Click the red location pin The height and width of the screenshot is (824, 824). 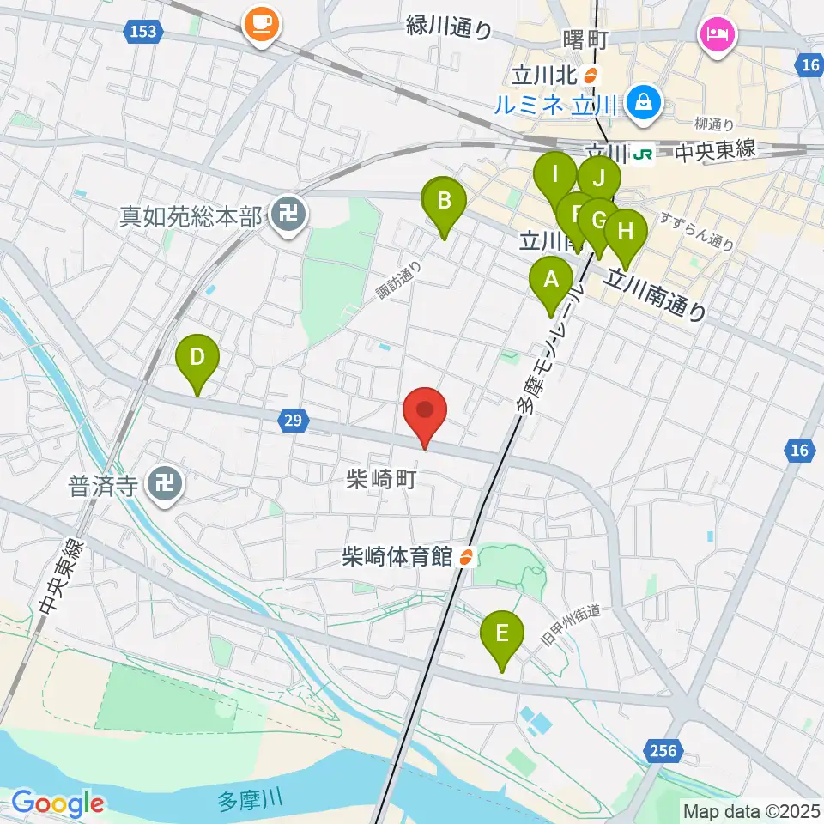tap(425, 412)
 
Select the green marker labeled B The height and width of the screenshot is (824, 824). tap(444, 203)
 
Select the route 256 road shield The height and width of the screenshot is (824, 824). tap(663, 752)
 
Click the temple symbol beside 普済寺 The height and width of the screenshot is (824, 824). tap(163, 485)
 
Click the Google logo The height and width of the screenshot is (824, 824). tap(58, 803)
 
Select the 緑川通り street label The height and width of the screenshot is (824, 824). tap(449, 28)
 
